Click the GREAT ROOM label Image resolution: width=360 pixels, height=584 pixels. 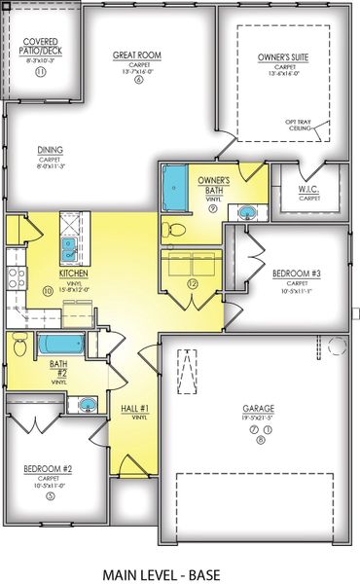136,55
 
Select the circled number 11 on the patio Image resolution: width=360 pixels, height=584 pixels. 40,72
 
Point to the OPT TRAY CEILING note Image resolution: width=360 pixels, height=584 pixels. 299,125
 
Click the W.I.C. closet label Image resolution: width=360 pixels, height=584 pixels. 309,190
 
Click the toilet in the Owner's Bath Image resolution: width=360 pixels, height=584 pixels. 172,229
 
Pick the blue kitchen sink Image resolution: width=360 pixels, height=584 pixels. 71,250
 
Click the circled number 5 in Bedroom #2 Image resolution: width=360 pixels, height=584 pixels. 50,494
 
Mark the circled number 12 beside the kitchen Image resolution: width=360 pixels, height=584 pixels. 193,284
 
